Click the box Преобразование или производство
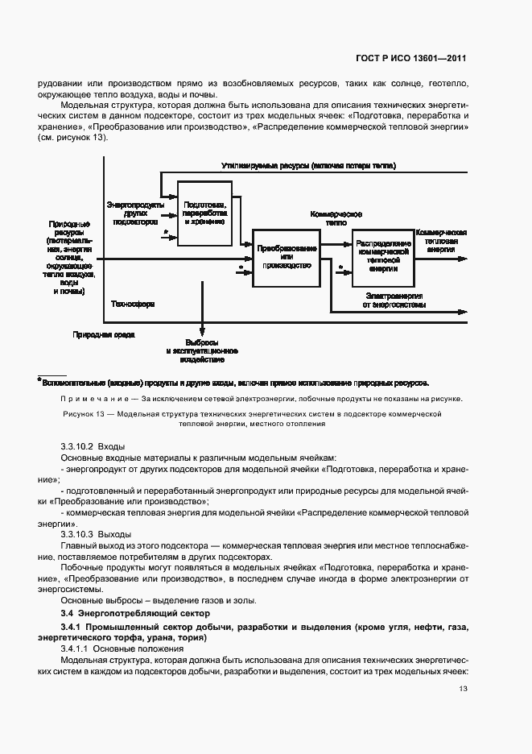287,257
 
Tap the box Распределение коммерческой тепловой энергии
381,256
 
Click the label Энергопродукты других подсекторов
130,213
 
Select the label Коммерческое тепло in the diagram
336,219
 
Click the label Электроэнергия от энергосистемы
393,300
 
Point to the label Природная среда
104,333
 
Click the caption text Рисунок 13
87,413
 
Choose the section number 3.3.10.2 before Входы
77,446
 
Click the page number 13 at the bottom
463,689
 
